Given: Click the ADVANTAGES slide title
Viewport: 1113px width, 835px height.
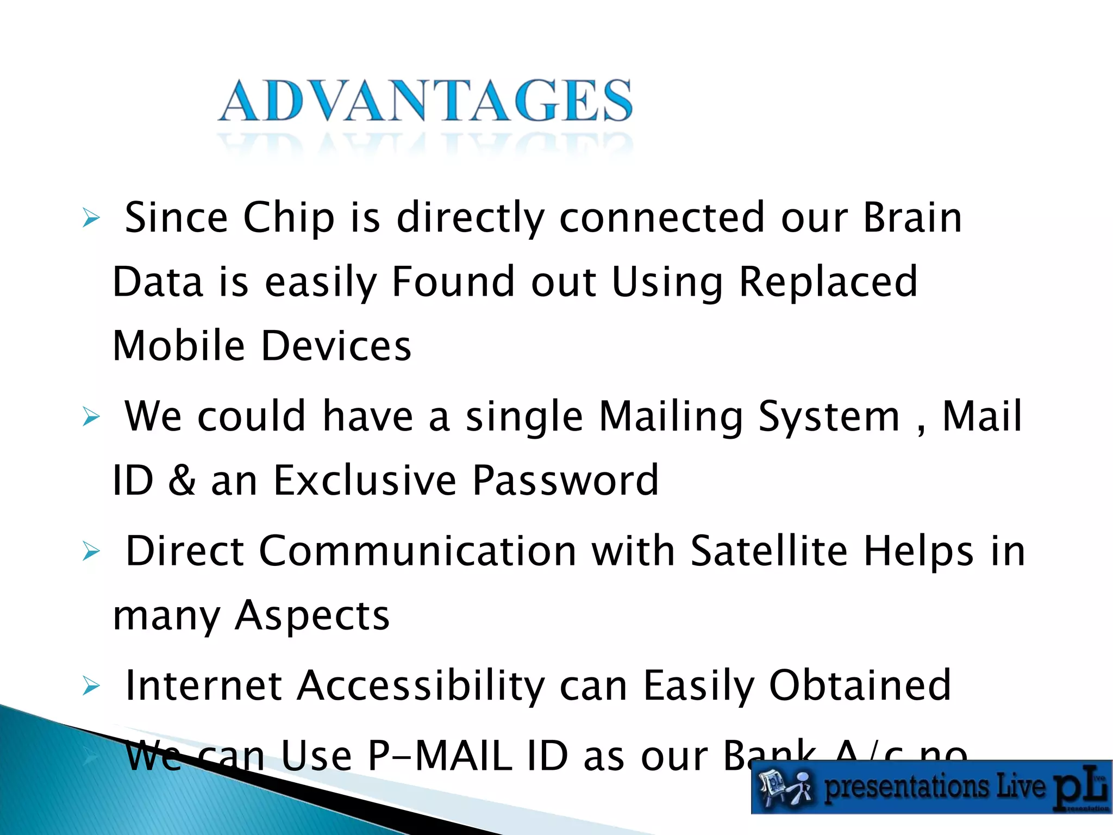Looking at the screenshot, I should point(426,101).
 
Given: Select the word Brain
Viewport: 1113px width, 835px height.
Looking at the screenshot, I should point(912,217).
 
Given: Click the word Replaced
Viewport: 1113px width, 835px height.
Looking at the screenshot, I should point(828,283).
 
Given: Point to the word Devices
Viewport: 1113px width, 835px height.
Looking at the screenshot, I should point(336,346).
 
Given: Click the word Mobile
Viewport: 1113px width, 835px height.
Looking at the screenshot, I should point(179,346).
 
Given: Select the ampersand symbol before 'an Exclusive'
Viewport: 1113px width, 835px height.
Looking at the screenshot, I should point(182,481).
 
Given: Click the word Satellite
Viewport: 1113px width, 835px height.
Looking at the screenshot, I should point(769,551).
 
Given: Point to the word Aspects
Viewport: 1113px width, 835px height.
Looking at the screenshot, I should point(312,616).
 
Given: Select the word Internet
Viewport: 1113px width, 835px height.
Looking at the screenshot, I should point(203,686).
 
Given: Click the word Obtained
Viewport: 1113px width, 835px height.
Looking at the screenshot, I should point(860,686).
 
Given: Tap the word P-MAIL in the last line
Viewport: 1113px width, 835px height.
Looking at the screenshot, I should point(440,756).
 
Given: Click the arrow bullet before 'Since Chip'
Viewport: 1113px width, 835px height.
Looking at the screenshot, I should point(91,219).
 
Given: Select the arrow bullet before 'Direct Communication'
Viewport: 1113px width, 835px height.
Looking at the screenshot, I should point(91,552).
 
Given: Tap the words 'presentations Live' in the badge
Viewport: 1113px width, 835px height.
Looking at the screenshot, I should point(934,788).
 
